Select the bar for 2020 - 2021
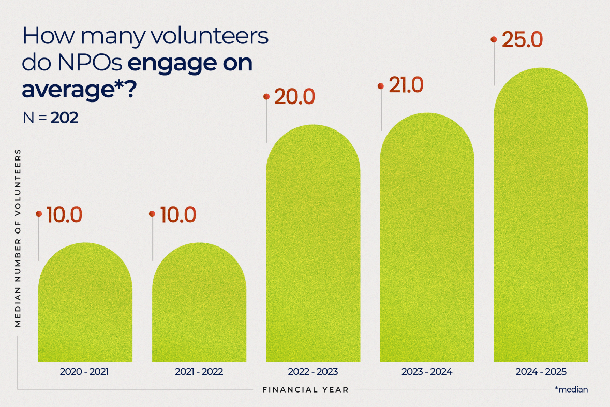click(85, 306)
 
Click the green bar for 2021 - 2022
click(199, 306)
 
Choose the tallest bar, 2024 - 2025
click(541, 217)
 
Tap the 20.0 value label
click(294, 97)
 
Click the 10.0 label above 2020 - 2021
click(64, 215)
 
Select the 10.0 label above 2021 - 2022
click(178, 215)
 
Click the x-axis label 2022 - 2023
click(313, 372)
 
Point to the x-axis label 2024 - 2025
click(541, 372)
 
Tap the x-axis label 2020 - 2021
click(85, 372)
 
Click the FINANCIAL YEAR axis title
click(305, 389)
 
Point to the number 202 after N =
click(64, 118)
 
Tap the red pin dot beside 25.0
click(494, 39)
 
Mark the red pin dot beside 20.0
click(266, 96)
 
